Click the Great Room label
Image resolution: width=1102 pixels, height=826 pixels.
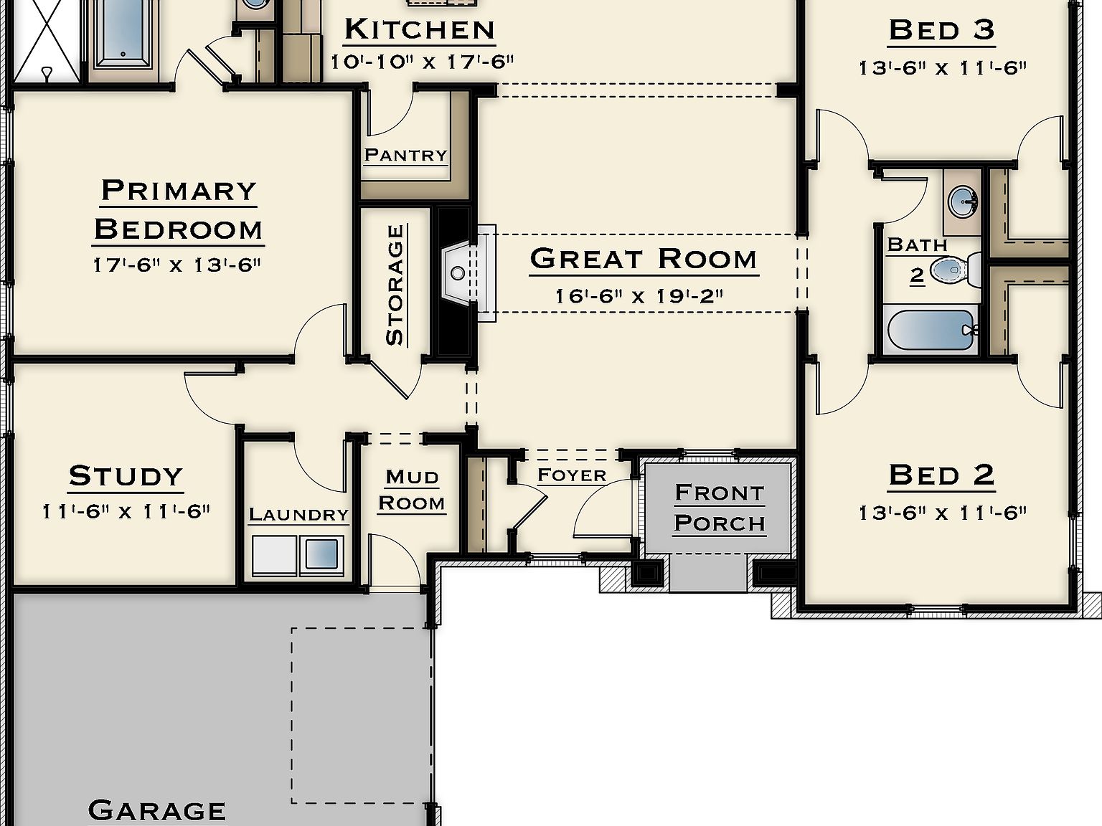[644, 259]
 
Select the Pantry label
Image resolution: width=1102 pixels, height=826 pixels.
[405, 155]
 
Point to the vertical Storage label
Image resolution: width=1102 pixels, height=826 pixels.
[395, 285]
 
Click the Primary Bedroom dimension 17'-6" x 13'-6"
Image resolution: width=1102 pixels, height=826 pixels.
[176, 265]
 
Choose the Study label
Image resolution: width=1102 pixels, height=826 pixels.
[126, 476]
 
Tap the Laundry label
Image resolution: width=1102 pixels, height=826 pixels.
[298, 515]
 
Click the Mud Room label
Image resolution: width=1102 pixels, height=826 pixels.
[411, 490]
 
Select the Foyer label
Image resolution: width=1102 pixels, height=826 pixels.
[572, 475]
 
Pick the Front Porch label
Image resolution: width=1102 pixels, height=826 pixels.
[720, 508]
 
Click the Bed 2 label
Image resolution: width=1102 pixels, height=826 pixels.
[941, 475]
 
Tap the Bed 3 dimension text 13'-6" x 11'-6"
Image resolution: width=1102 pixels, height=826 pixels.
[942, 68]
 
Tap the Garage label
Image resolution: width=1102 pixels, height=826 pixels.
[156, 810]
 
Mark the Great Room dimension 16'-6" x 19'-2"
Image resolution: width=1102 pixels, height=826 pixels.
[639, 295]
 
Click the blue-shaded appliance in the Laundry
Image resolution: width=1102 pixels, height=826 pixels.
[321, 554]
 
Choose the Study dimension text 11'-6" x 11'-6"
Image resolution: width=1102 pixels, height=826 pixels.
[126, 512]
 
